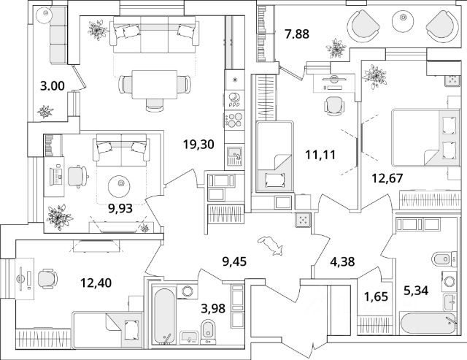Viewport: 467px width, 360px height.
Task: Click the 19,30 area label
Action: (198, 145)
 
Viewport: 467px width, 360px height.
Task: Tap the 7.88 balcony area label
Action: (297, 34)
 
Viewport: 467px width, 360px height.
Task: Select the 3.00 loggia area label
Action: (53, 86)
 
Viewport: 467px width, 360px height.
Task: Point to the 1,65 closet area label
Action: (377, 296)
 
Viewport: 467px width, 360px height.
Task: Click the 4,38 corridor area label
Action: (342, 261)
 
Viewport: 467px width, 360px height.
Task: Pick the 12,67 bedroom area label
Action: (387, 178)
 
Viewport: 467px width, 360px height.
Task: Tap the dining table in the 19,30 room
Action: (155, 84)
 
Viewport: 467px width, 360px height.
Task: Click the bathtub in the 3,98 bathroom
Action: (164, 316)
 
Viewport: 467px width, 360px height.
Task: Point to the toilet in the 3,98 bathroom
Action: (207, 332)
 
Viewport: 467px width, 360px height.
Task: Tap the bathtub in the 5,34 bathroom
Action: (428, 323)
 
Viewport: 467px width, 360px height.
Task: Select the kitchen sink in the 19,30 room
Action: (234, 156)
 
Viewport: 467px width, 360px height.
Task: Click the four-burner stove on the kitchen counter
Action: (234, 120)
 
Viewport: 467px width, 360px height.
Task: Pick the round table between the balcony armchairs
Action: (403, 21)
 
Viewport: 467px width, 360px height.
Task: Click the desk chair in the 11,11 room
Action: (334, 106)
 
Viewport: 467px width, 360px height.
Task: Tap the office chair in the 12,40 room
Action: (47, 279)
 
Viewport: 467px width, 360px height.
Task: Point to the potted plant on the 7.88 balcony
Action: (336, 47)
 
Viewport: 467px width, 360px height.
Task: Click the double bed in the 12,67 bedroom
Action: (425, 137)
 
